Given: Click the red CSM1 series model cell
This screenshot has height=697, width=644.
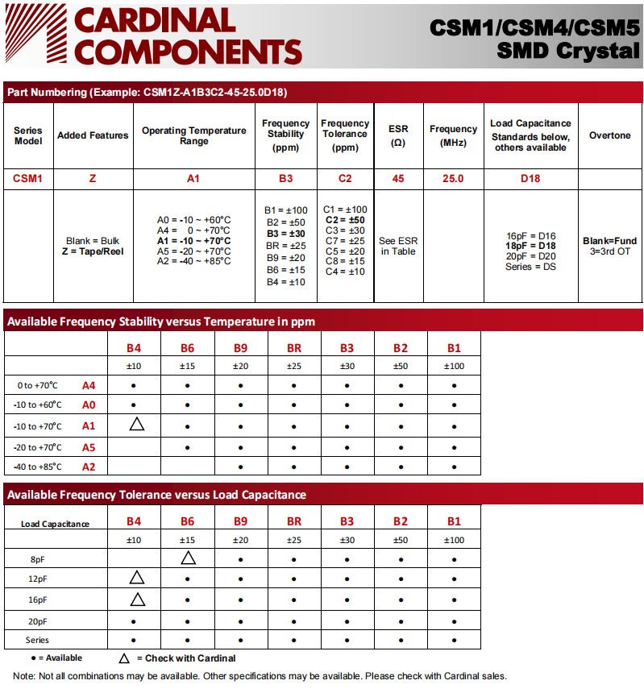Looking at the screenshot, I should tap(28, 178).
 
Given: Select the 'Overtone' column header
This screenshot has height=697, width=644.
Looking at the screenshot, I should tap(610, 135).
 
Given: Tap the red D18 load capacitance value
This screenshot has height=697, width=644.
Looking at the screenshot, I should tap(530, 178).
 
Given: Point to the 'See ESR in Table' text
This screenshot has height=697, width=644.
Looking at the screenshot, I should tap(398, 246).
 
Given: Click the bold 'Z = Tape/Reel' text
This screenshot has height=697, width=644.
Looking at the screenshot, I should tap(93, 251).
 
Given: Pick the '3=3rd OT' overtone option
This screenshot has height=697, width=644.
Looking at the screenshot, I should tap(610, 251).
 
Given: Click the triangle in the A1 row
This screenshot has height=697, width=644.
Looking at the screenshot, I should tap(136, 424).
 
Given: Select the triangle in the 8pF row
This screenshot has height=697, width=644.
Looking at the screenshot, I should tap(188, 558).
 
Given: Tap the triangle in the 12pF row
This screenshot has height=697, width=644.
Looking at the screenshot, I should tap(136, 578).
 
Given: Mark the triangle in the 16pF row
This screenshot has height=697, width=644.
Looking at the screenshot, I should tap(136, 599).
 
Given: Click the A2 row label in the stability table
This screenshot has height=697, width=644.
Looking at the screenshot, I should tap(89, 467).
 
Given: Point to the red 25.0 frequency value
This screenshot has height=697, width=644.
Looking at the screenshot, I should tap(453, 178).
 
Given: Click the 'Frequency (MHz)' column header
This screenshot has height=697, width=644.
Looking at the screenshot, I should tap(453, 135).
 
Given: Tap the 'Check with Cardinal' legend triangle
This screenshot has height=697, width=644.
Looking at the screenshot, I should tap(124, 658).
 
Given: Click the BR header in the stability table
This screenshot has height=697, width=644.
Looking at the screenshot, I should tap(294, 347).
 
